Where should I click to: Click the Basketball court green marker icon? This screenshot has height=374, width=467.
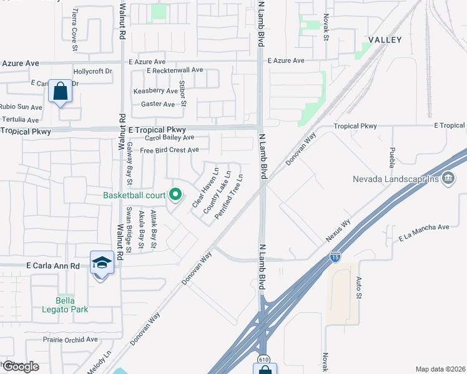[175, 194]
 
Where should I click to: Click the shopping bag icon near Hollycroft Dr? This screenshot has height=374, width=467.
[60, 92]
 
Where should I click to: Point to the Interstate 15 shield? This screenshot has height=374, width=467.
[335, 256]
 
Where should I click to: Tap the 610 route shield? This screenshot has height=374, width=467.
[265, 360]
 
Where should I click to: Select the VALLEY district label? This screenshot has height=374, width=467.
[385, 39]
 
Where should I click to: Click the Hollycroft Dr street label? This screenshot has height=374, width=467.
[92, 71]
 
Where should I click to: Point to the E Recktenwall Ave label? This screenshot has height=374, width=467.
[175, 70]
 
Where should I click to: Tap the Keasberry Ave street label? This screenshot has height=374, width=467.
[155, 91]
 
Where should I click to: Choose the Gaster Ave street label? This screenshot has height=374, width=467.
[158, 104]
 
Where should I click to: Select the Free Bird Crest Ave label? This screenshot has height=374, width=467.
[169, 150]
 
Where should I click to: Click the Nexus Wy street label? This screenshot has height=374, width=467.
[338, 231]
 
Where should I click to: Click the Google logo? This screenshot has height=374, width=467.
[20, 366]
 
